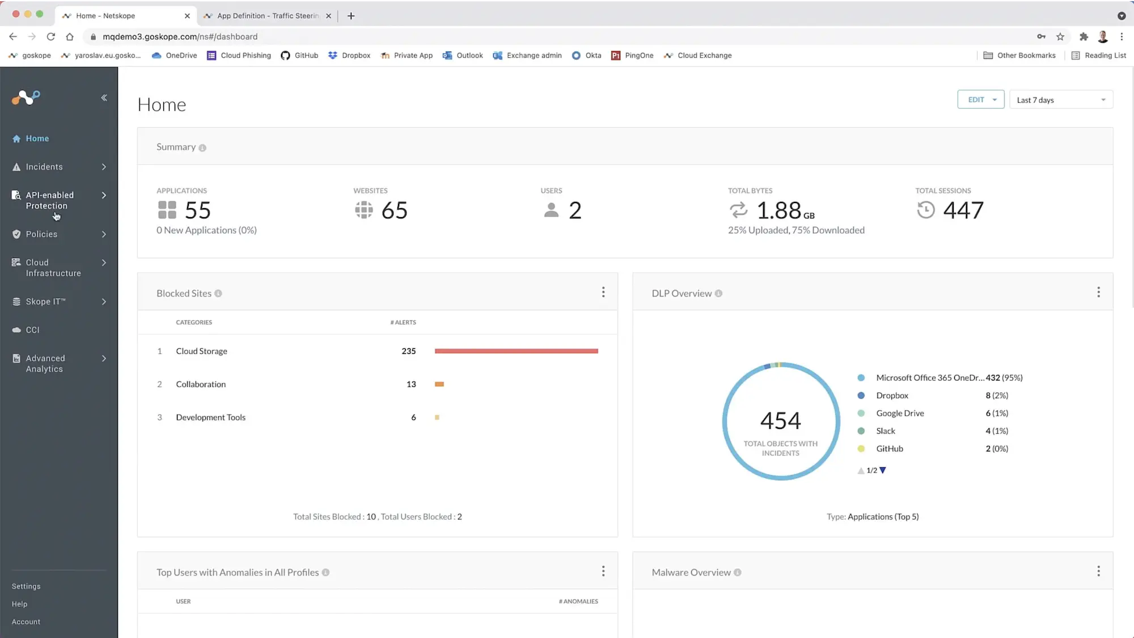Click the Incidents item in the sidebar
[x=44, y=167]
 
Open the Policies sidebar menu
[x=41, y=234]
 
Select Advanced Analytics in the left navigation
[x=45, y=364]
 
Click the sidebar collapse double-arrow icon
[x=104, y=98]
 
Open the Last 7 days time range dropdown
[x=1060, y=100]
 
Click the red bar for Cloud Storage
[x=516, y=351]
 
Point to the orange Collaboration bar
[x=439, y=385]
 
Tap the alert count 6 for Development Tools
[x=413, y=417]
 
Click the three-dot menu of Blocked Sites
[x=603, y=292]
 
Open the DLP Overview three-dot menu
[x=1098, y=292]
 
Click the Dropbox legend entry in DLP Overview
[x=892, y=395]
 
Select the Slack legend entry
[x=885, y=431]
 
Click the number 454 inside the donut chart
[x=781, y=420]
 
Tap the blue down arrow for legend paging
[x=883, y=470]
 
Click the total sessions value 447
[x=963, y=210]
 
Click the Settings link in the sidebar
[x=26, y=586]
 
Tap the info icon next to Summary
[x=202, y=148]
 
